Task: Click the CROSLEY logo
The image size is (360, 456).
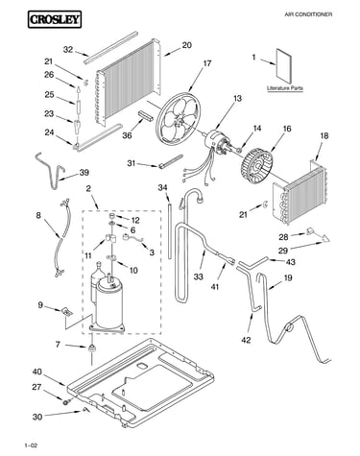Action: (55, 19)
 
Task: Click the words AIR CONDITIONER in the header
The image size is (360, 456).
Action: (308, 14)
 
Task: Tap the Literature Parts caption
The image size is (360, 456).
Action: (285, 88)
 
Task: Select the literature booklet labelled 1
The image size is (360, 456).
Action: (284, 66)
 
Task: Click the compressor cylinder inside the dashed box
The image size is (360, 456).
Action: (108, 302)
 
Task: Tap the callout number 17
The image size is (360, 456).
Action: (207, 63)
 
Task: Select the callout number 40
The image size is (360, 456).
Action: (37, 372)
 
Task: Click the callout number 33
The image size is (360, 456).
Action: (198, 276)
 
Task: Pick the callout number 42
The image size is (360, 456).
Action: (246, 340)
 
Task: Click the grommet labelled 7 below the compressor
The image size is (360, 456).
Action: (92, 348)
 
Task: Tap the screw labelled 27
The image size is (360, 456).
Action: (66, 400)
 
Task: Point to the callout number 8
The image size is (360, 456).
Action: (38, 215)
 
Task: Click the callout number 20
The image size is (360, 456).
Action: (186, 45)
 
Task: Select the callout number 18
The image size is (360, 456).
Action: (324, 135)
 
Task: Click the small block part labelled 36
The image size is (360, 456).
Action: (145, 114)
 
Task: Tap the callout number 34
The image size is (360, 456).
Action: (162, 187)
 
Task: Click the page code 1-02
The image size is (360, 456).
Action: (31, 445)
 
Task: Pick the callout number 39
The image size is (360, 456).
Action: (84, 173)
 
